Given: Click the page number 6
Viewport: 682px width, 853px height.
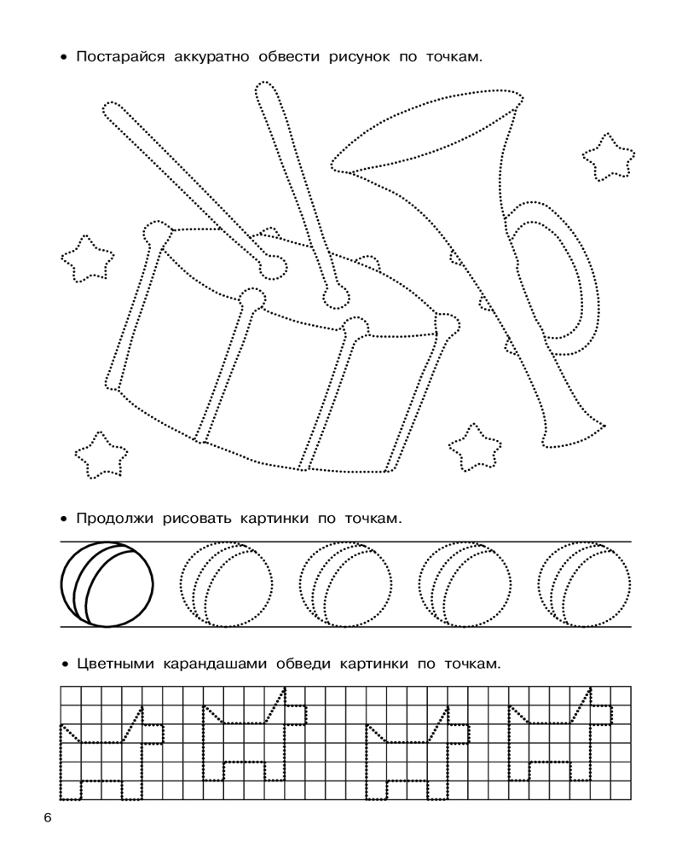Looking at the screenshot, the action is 48,818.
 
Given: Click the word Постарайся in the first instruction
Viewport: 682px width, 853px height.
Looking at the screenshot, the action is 120,57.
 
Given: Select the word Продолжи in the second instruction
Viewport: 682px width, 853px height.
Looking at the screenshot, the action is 115,519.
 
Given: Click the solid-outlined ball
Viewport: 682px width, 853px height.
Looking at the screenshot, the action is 107,585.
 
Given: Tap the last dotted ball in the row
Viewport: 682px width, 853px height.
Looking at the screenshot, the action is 585,585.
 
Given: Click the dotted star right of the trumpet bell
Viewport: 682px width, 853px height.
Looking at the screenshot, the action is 609,157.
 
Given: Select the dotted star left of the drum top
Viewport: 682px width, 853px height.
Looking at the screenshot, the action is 88,259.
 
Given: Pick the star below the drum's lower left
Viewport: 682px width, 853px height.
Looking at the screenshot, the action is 101,455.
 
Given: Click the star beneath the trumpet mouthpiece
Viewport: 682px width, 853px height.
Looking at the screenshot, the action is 475,448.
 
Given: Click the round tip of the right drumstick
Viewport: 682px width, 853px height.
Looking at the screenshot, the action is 336,297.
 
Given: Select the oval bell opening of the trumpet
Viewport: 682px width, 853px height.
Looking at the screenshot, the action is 427,131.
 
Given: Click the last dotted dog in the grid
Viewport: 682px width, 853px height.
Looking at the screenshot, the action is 559,734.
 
